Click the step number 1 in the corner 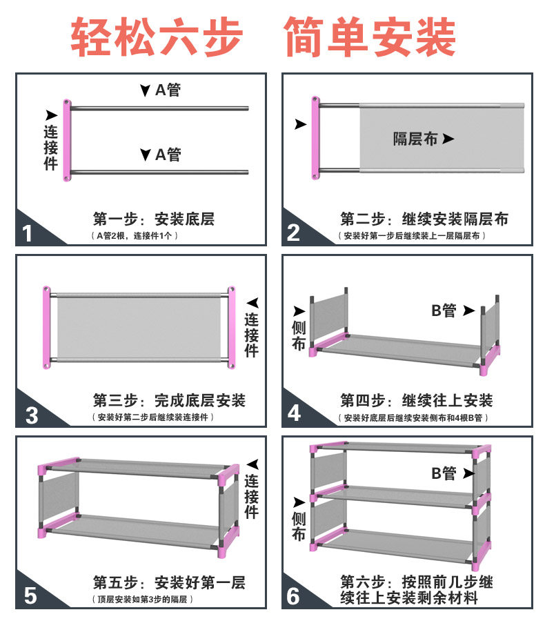tap(28, 233)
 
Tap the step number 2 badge tap(294, 233)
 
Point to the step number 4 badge tap(295, 413)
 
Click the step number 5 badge tap(30, 595)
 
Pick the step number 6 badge tap(294, 595)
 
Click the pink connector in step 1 tap(67, 141)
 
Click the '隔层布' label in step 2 tap(415, 139)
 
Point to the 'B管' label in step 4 tap(445, 310)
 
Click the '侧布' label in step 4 tap(299, 335)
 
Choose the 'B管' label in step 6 tap(444, 473)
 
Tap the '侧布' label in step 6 tap(299, 526)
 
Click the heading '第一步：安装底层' tap(153, 219)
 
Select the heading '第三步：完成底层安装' tap(169, 400)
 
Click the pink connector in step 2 tap(315, 138)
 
